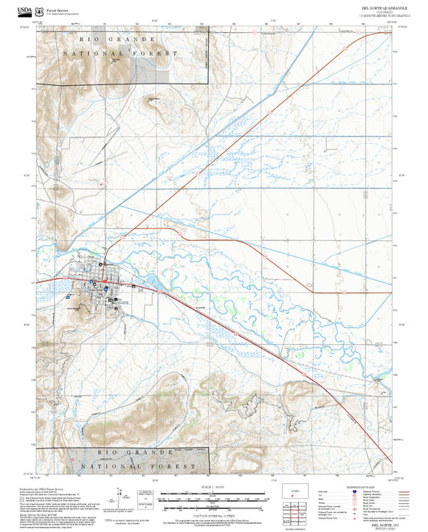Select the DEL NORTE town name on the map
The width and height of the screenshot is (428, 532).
[120, 302]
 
